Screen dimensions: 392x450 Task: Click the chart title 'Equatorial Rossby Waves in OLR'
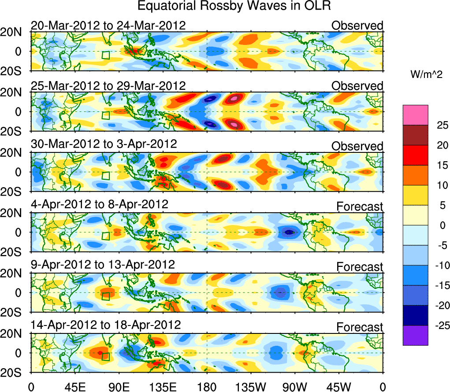click(234, 6)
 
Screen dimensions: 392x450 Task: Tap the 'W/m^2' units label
click(427, 75)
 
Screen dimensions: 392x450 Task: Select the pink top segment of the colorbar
click(415, 115)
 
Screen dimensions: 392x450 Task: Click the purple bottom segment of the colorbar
click(415, 335)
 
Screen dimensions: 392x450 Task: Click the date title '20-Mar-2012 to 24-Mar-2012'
click(108, 25)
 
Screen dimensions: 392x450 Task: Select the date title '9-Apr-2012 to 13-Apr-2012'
click(103, 265)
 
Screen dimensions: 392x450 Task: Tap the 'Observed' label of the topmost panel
click(357, 26)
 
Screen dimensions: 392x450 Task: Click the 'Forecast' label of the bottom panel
click(360, 327)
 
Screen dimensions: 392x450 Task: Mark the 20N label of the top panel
click(14, 32)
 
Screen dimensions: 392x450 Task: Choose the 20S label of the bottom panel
click(14, 373)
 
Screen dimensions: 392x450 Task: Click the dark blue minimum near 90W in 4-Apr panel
click(289, 232)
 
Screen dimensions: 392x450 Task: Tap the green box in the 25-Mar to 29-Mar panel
click(105, 115)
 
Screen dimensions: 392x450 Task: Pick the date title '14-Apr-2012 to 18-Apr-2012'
click(106, 325)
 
